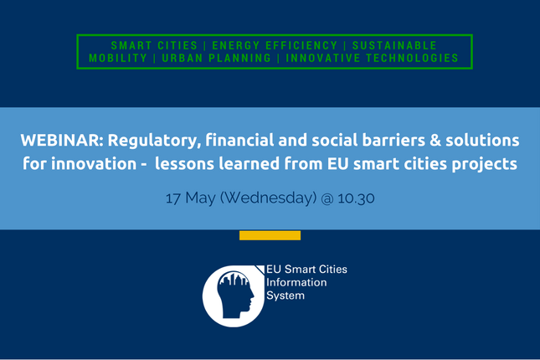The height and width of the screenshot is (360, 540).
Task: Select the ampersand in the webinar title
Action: point(435,140)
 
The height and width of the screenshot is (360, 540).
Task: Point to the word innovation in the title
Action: point(94,163)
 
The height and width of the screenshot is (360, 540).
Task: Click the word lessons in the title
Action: point(184,163)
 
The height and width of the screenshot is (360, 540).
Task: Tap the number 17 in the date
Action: point(172,198)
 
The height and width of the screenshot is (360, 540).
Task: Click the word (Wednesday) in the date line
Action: point(268,198)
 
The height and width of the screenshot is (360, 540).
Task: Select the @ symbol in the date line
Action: point(327,198)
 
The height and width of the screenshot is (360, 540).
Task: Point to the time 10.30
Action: point(356,198)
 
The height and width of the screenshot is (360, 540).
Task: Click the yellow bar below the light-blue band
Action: point(270,235)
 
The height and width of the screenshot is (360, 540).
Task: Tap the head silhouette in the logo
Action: point(235,295)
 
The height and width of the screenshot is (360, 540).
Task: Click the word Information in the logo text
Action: point(296,282)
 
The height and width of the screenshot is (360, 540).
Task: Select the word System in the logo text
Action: point(285,296)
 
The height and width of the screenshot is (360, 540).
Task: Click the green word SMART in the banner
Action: point(131,45)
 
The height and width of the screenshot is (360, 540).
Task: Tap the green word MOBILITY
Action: point(118,58)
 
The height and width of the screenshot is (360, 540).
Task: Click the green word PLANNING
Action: point(239,58)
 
